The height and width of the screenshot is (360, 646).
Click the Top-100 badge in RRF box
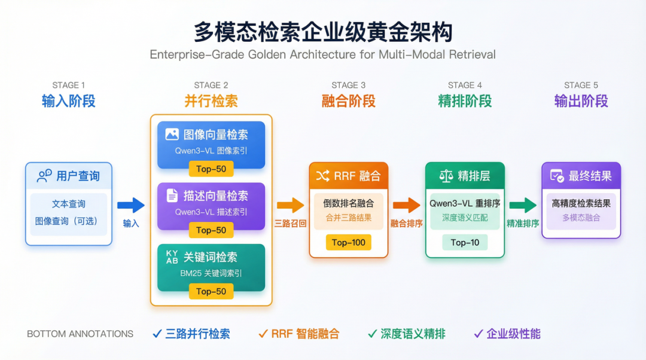tap(349, 243)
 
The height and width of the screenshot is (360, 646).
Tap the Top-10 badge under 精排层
tap(465, 243)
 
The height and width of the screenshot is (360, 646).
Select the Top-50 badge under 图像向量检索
tap(211, 169)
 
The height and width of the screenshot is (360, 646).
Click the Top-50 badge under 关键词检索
tap(211, 292)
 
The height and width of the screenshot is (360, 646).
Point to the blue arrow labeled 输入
tap(131, 206)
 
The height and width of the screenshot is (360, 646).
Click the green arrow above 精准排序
tap(522, 205)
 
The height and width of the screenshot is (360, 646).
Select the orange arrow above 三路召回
tap(290, 205)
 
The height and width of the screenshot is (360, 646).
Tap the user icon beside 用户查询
tap(44, 176)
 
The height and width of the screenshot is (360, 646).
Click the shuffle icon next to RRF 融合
tap(323, 176)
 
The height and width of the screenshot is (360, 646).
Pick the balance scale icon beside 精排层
tap(446, 176)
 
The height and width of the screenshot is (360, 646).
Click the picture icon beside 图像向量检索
tap(172, 135)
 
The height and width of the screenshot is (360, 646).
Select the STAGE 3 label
tap(349, 85)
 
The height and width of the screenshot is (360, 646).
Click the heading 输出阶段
tap(581, 101)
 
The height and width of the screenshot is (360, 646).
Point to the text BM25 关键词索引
tap(211, 273)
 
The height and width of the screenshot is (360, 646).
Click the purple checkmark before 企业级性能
tap(478, 334)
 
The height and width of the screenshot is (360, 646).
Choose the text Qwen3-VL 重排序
tap(465, 203)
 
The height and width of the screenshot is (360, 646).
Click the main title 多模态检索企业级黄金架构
tap(323, 31)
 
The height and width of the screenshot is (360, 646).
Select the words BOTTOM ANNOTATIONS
tap(80, 334)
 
